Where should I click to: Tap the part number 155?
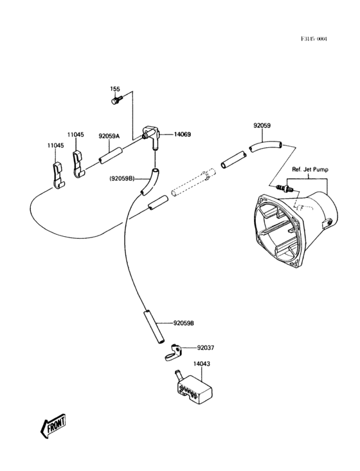115,89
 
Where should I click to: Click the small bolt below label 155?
115,100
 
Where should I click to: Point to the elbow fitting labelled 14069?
153,137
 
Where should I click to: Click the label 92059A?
110,136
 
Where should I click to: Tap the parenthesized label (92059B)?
122,177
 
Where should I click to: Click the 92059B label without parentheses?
183,322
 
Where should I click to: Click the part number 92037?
206,347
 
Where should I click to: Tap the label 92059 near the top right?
262,126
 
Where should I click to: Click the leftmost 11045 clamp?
57,173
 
